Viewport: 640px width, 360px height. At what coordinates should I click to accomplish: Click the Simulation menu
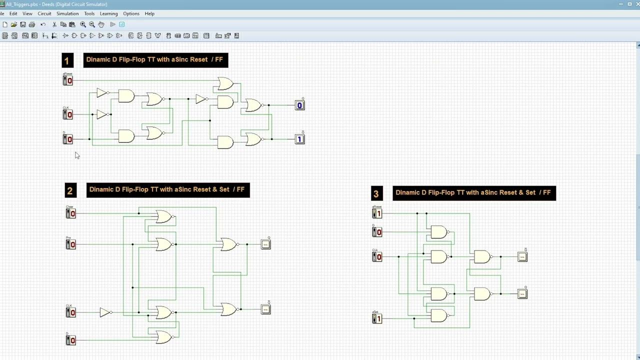pos(67,13)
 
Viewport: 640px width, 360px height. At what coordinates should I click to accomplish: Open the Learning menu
pos(108,13)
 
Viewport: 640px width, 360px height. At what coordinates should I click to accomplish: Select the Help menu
pos(149,13)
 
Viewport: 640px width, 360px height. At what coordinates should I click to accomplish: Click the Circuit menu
pos(44,13)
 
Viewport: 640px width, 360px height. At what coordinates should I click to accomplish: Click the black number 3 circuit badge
pos(376,193)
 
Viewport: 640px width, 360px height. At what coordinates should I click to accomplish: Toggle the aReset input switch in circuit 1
pos(67,80)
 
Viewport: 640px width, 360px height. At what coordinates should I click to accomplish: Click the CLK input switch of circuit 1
pos(67,114)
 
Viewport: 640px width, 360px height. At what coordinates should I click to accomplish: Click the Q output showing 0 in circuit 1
pos(299,105)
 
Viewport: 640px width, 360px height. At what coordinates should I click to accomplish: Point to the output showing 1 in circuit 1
pos(299,139)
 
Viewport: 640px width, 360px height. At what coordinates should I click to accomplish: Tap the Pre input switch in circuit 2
pos(70,244)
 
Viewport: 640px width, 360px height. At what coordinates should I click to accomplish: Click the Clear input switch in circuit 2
pos(70,213)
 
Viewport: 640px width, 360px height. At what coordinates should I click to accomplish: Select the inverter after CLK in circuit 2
pos(104,312)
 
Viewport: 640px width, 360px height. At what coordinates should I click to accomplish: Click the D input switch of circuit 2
pos(70,340)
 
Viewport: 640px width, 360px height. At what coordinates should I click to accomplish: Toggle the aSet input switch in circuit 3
pos(377,318)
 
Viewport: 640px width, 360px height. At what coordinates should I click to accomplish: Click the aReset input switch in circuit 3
pos(377,213)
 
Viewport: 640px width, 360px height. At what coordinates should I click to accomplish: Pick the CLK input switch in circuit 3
pos(377,256)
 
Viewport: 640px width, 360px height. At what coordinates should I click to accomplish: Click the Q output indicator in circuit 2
pos(265,244)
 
